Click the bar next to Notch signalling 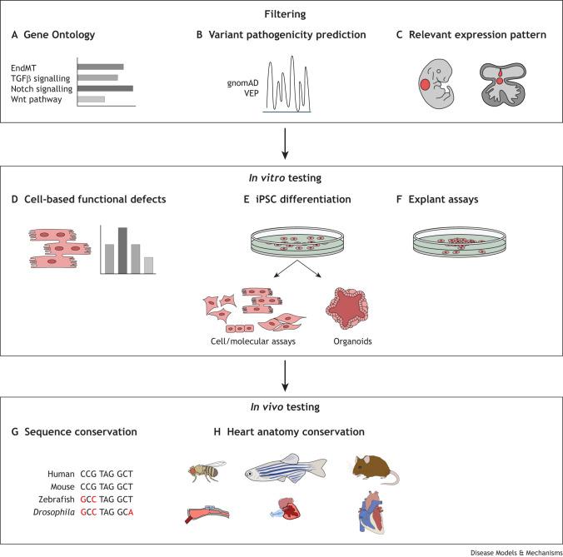pos(105,88)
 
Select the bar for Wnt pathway pos(91,100)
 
